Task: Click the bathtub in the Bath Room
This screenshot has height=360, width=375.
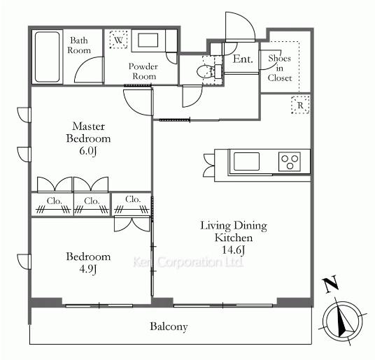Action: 48,57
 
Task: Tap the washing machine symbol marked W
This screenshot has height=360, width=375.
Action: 118,40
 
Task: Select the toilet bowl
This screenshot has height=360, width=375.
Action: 205,71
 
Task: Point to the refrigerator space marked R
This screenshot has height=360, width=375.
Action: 300,105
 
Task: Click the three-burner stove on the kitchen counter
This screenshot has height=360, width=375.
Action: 290,161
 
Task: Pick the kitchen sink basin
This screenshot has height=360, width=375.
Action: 246,161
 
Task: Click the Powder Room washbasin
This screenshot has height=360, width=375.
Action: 148,40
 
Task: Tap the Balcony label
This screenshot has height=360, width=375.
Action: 169,326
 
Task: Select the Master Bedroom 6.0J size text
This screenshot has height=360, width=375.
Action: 88,151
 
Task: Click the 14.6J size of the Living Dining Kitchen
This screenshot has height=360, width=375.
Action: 234,250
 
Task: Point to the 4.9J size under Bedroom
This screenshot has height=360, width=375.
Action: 88,269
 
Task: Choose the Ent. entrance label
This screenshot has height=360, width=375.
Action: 243,59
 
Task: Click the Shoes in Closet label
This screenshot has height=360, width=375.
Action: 280,68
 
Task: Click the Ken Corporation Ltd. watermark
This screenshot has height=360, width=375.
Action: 188,262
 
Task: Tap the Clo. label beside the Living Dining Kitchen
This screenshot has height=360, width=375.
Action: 133,199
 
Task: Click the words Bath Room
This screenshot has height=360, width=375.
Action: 79,45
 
